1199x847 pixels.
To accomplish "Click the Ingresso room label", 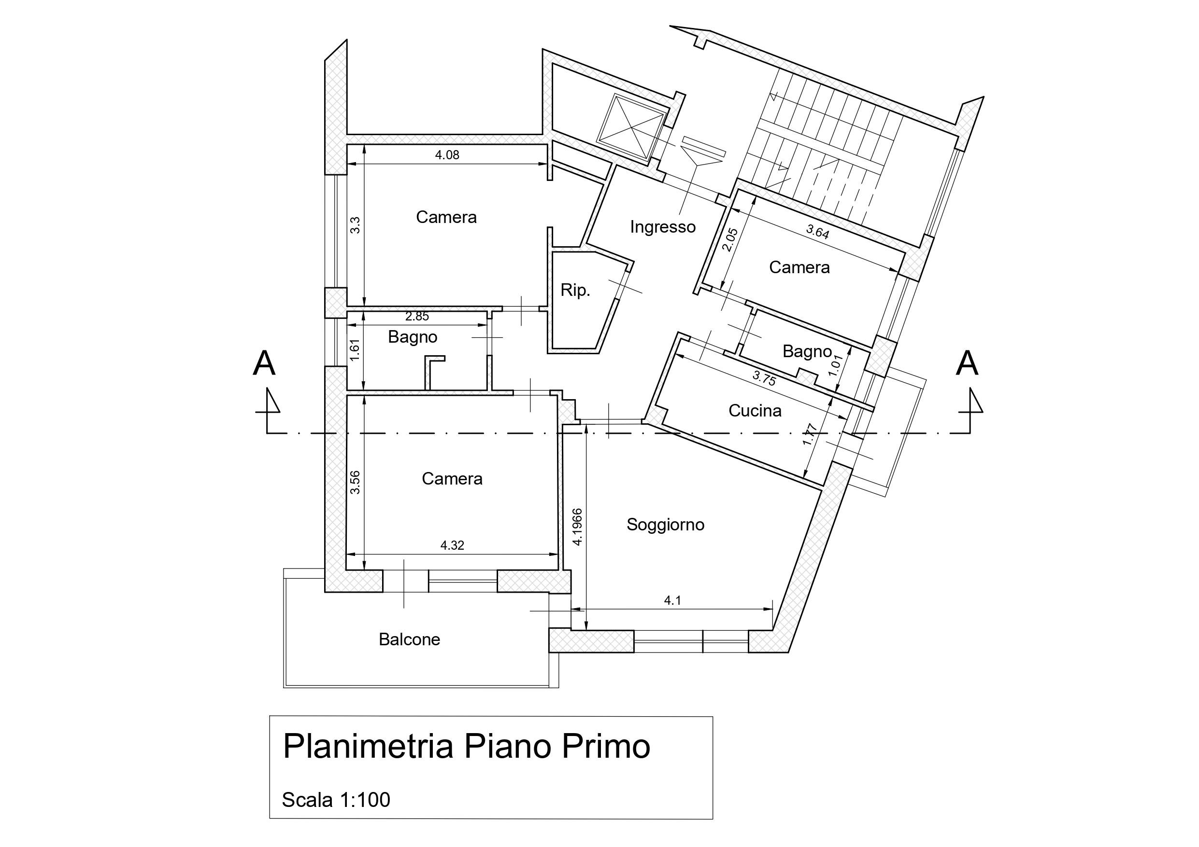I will tap(662, 227).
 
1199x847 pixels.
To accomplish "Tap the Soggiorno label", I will tap(665, 525).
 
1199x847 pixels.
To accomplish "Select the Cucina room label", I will tap(755, 411).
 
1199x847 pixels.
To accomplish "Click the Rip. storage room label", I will tap(575, 290).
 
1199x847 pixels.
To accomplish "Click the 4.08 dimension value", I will tap(447, 155).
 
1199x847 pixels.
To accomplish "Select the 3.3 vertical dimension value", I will tap(355, 225).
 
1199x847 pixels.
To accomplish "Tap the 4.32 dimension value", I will tap(452, 545).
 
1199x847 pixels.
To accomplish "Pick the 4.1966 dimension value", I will tap(578, 527).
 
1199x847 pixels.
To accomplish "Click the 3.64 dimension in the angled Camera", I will tap(817, 231).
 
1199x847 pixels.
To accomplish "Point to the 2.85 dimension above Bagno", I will tap(417, 316).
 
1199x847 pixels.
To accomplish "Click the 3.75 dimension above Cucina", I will tap(764, 378).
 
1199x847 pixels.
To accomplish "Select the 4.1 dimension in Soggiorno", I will tap(672, 601).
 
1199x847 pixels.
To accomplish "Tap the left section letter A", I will tap(264, 363).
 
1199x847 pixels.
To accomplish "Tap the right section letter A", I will tap(967, 363).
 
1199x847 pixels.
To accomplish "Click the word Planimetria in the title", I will tap(368, 746).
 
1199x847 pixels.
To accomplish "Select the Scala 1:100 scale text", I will tap(336, 800).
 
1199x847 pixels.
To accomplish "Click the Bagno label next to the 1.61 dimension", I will tap(412, 337).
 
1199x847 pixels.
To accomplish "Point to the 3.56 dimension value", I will tap(355, 482).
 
